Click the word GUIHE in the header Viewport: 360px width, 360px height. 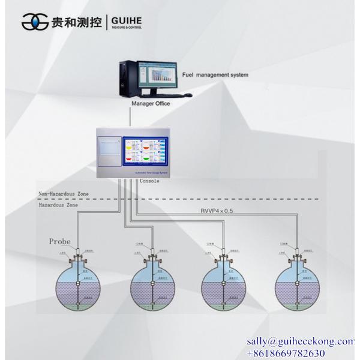point(126,19)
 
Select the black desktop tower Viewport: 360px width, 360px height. point(126,78)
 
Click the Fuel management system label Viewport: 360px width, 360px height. point(215,75)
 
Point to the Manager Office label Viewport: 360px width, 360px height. point(151,104)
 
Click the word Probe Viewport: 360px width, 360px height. point(60,242)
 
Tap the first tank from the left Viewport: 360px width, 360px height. point(79,287)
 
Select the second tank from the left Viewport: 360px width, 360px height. point(153,287)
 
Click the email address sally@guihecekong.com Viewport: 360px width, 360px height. point(301,341)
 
